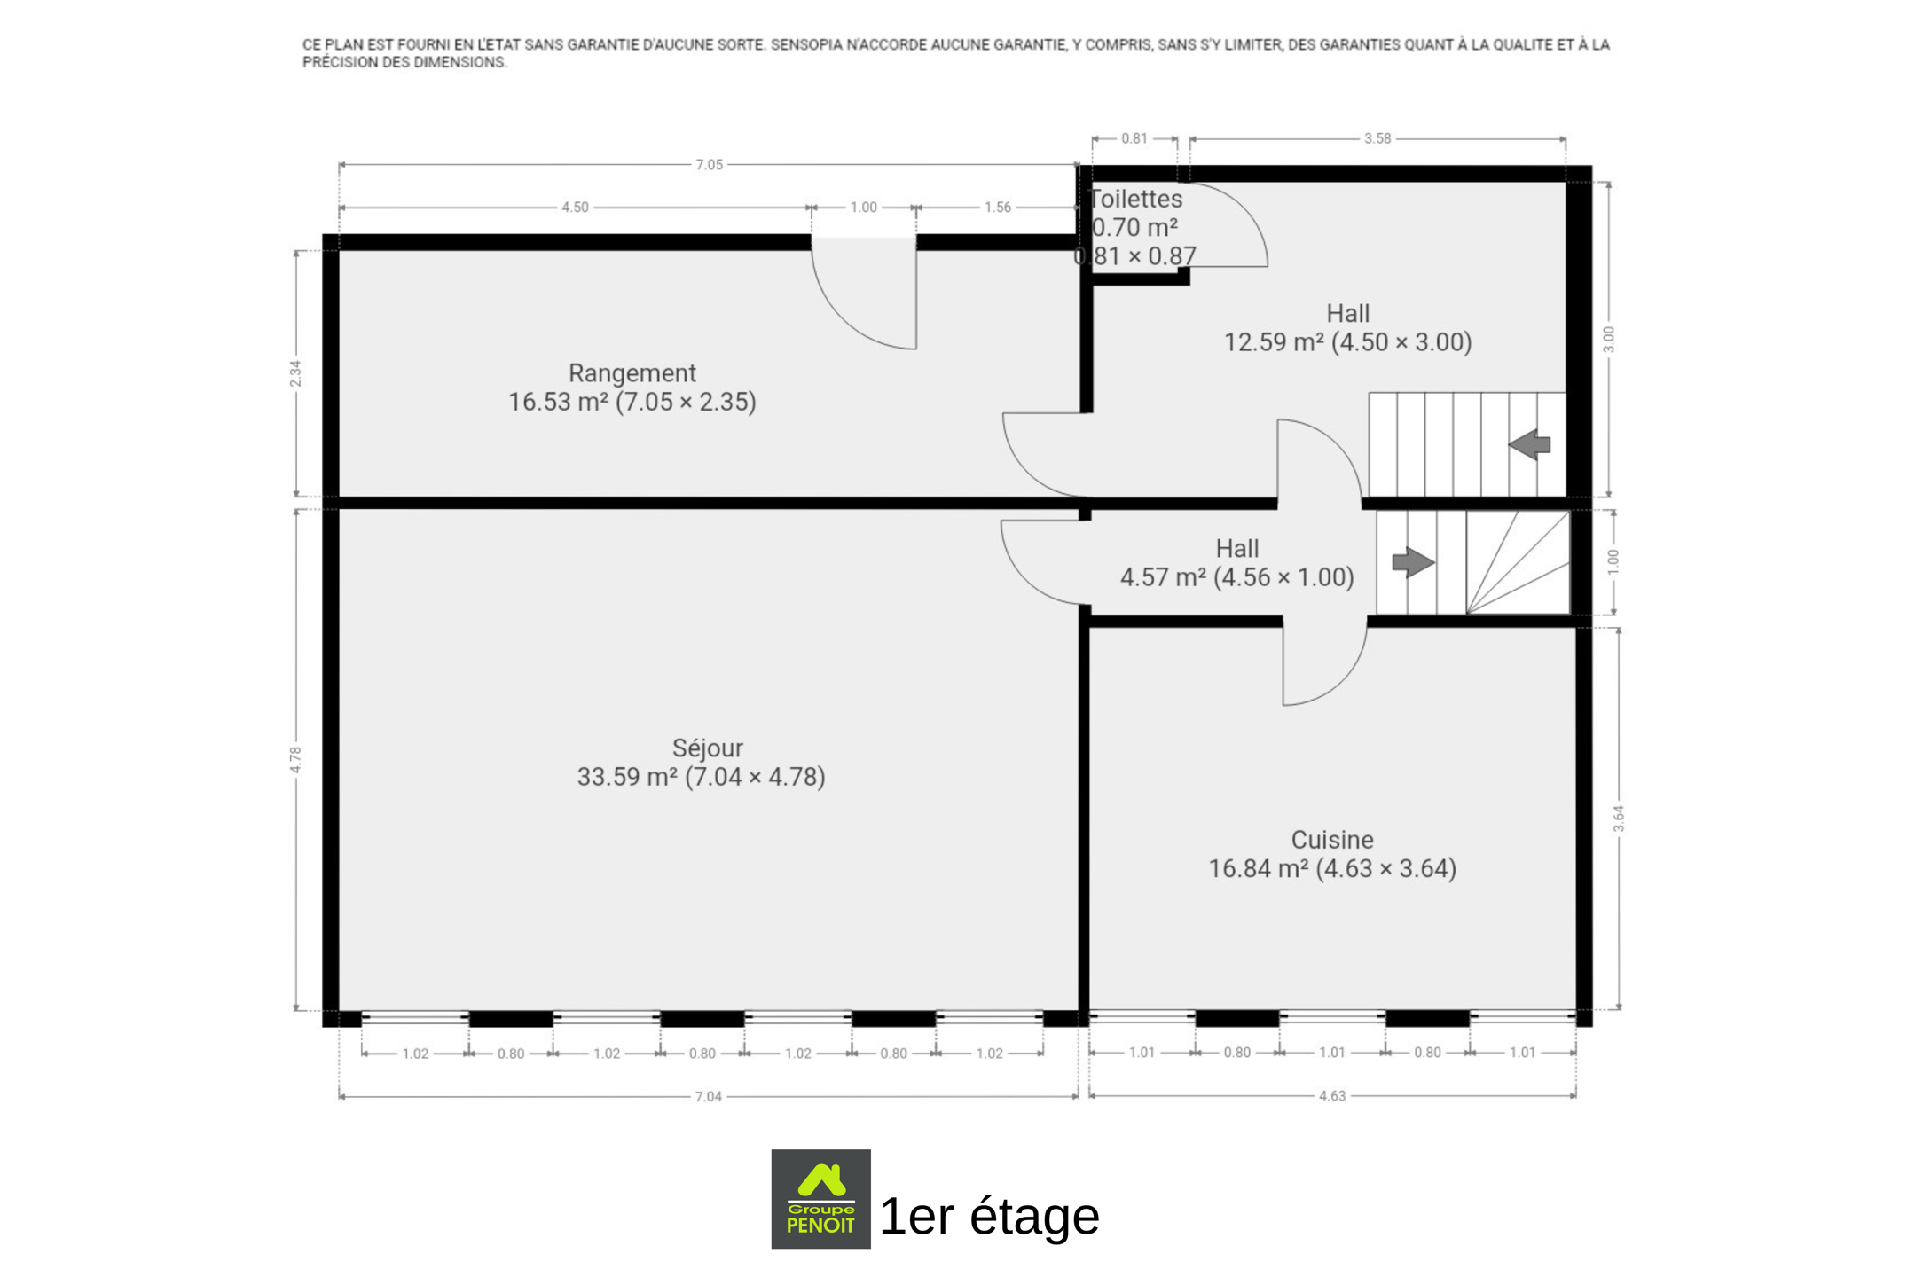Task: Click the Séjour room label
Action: tap(707, 748)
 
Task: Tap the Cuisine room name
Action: tap(1331, 840)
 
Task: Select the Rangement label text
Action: tap(632, 373)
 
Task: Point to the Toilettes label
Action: tap(1135, 199)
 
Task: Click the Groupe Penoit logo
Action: tap(820, 1199)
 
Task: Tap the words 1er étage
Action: tap(989, 1215)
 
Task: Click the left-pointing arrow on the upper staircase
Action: tap(1529, 444)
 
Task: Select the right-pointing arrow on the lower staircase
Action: tap(1413, 562)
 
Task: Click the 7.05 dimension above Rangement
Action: tap(709, 165)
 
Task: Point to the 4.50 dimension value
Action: tap(575, 208)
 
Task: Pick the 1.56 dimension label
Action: tap(997, 208)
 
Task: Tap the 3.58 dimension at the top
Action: tap(1377, 138)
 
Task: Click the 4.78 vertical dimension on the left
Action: tap(295, 759)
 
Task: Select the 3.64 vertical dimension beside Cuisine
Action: tap(1619, 819)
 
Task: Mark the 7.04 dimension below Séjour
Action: tap(708, 1097)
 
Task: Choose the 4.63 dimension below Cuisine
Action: tap(1332, 1096)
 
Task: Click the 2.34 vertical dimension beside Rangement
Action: tap(295, 373)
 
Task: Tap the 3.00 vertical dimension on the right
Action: tap(1609, 340)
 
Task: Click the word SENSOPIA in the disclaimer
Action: tap(804, 44)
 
